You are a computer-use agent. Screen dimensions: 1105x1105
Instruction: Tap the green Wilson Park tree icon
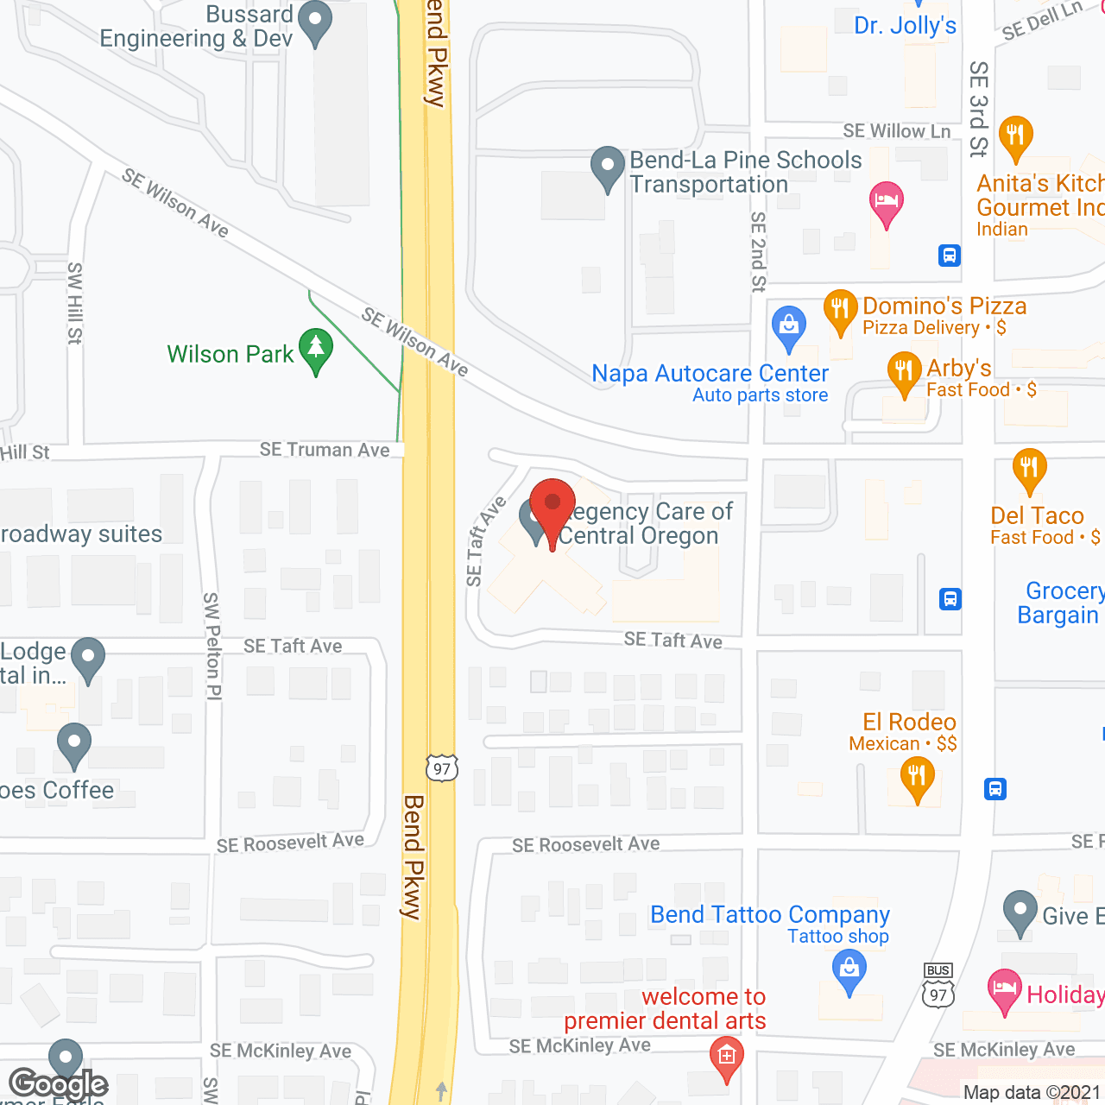316,350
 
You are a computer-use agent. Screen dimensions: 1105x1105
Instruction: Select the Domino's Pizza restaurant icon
840,310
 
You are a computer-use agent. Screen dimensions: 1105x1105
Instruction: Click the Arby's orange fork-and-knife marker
904,372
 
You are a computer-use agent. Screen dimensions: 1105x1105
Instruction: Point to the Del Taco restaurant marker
1028,469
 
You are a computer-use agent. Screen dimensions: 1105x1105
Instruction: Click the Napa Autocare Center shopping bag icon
788,326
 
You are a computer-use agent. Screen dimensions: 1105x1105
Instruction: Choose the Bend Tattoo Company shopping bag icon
849,969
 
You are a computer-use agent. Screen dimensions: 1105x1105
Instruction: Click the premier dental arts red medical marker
727,1057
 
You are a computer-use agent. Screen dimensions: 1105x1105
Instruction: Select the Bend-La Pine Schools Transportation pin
608,166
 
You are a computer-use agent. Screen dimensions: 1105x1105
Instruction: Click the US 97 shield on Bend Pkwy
441,767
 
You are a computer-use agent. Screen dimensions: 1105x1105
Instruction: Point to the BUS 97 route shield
938,986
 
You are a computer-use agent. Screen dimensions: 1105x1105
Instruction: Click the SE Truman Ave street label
325,450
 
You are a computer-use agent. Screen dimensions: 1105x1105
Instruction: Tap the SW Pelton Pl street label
212,645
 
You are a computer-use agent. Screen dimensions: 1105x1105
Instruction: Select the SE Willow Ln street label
896,131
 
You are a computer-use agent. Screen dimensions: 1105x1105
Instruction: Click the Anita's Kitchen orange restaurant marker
1016,136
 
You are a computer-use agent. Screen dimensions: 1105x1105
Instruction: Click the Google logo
58,1084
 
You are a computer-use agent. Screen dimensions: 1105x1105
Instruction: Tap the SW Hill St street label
75,303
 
